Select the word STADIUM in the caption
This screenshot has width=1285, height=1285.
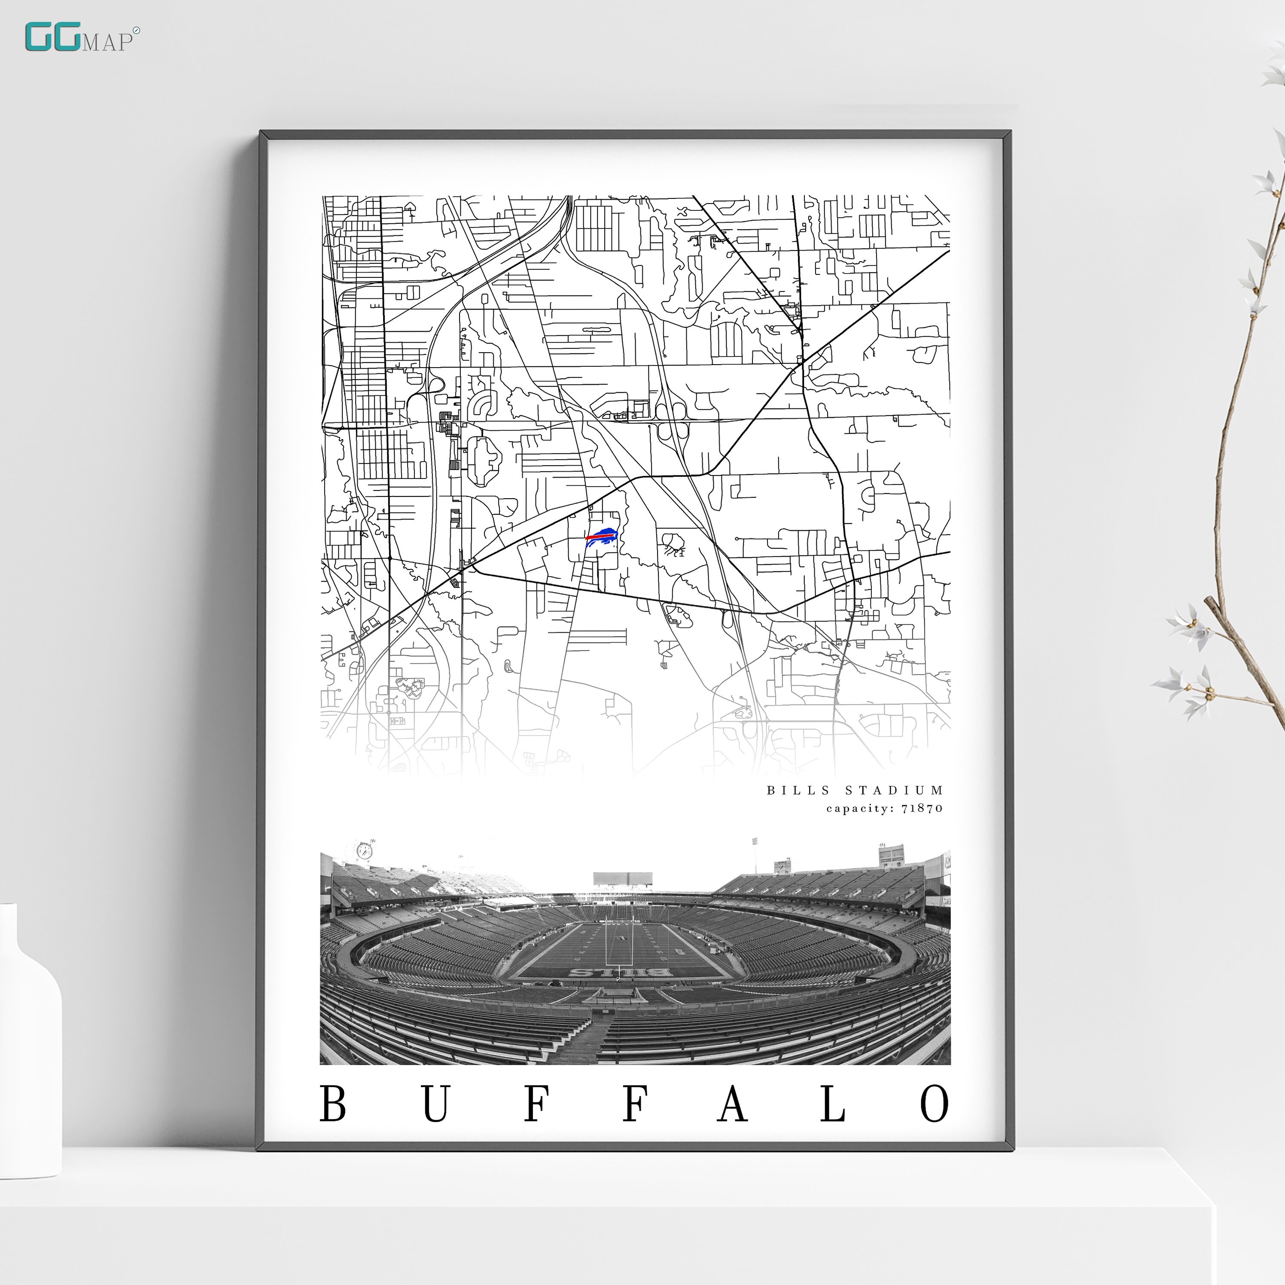[894, 790]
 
